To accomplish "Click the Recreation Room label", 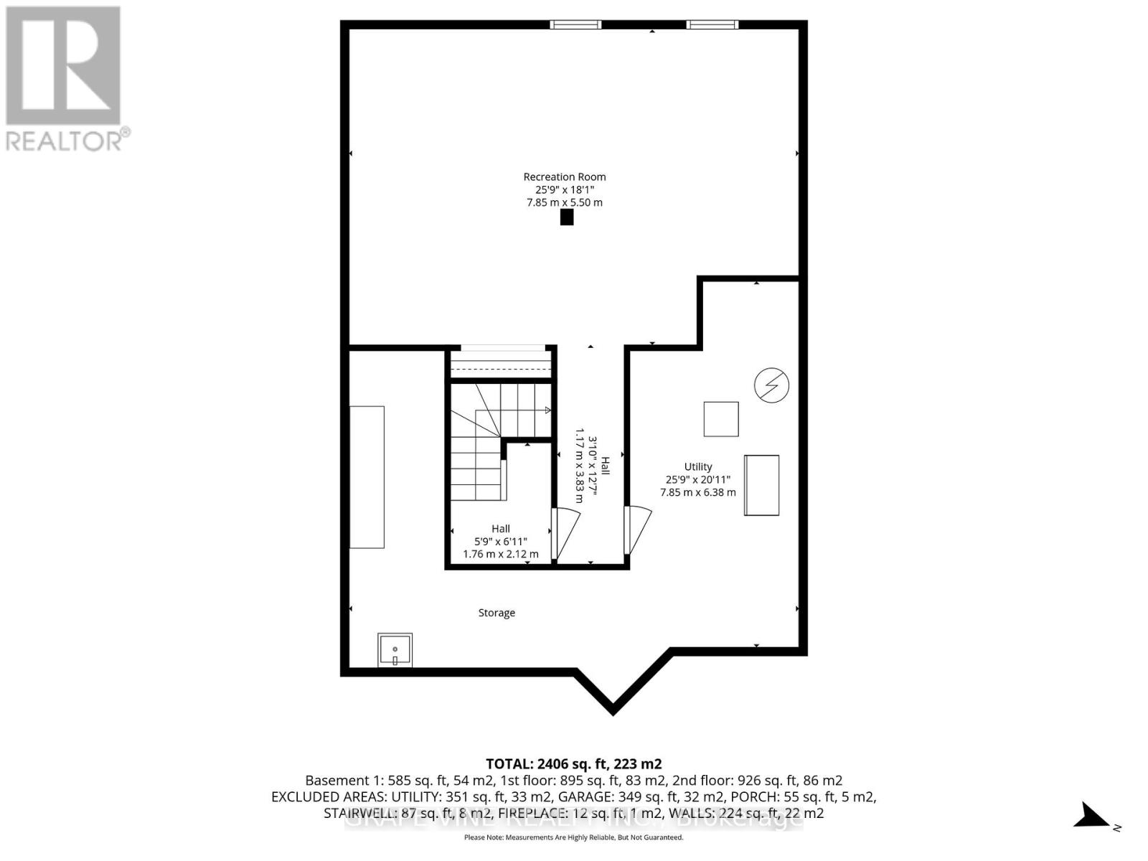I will (x=564, y=177).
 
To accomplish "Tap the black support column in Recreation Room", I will (x=567, y=217).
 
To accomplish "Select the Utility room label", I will (x=697, y=466).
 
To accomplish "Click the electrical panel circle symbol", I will (x=771, y=385).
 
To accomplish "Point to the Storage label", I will (x=497, y=613).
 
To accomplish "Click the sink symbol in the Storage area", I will (x=395, y=650).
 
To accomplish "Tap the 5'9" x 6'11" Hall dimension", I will (x=500, y=542).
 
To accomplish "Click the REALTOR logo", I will (x=65, y=79).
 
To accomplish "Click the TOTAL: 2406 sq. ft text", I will (x=573, y=763).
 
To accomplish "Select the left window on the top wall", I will (x=575, y=25).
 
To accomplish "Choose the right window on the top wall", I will (x=712, y=25).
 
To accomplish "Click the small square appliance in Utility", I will (x=721, y=419).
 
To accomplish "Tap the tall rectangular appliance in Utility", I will (x=761, y=485).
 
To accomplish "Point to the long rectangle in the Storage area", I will (x=367, y=477).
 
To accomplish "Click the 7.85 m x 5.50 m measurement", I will (x=564, y=202).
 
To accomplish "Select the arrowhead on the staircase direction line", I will (x=547, y=410).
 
